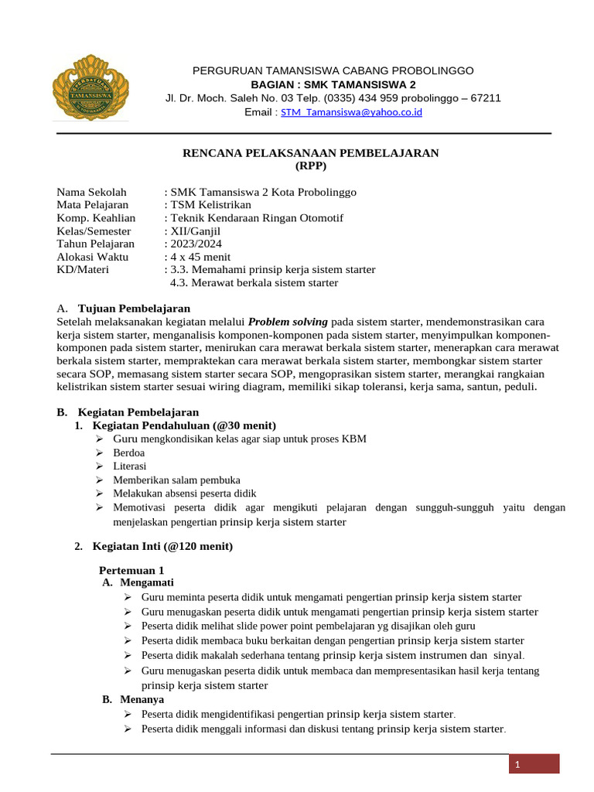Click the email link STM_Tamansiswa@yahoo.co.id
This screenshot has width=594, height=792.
coord(351,112)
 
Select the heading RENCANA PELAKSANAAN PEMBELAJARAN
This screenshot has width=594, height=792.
coord(310,153)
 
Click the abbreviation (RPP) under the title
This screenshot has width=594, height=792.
coord(311,166)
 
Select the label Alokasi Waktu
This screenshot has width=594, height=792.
coord(93,257)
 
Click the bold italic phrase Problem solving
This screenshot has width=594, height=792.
coord(288,321)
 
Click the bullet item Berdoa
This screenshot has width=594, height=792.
coord(129,452)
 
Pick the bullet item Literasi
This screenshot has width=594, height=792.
coord(129,466)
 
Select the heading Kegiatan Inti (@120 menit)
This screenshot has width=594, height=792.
coord(162,546)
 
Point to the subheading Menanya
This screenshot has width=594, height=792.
coord(142,699)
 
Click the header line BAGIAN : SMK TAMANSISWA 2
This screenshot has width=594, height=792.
coord(333,84)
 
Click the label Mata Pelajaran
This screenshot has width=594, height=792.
coord(95,205)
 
